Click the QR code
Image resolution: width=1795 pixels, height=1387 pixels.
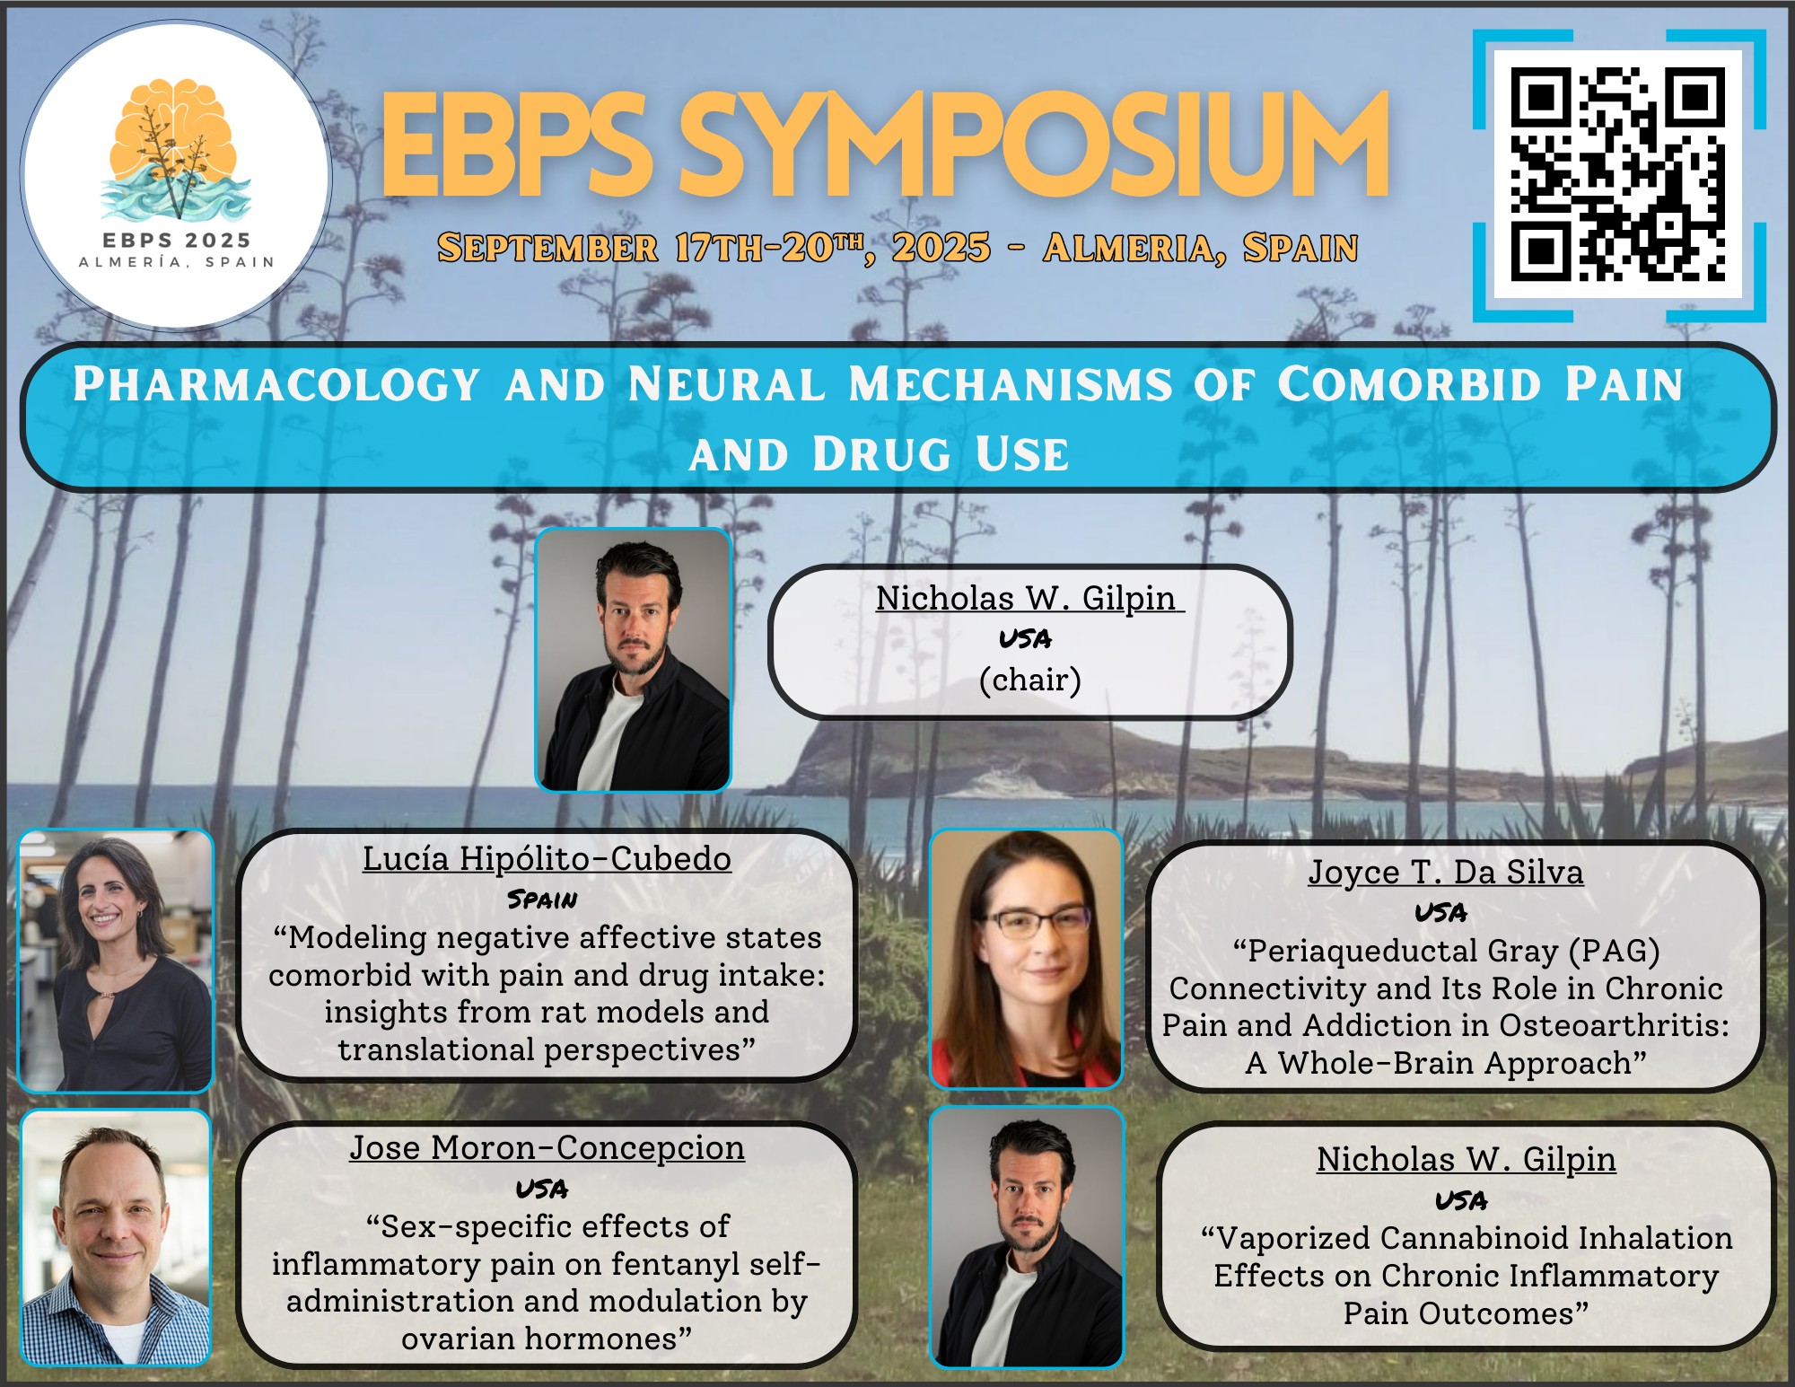(1618, 174)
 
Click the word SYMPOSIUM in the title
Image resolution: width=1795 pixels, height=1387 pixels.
(1034, 144)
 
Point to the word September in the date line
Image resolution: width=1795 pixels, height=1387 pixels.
(547, 248)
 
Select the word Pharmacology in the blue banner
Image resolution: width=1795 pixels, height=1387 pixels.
(276, 384)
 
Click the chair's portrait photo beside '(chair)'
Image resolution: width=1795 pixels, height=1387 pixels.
(634, 660)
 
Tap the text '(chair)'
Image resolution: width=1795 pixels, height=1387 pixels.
(1030, 680)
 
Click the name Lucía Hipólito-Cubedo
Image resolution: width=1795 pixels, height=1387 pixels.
(547, 859)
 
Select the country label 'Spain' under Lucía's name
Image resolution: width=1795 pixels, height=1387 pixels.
(542, 900)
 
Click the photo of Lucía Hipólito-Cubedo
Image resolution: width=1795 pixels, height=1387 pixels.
(116, 961)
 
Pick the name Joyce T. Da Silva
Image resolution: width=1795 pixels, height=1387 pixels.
(1446, 872)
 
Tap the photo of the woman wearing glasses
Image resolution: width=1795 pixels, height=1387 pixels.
(1026, 959)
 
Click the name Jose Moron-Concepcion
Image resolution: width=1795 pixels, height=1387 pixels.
(547, 1147)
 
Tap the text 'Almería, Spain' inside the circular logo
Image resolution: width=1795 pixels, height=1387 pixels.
(177, 262)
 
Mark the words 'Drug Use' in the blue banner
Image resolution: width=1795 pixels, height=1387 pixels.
(941, 454)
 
